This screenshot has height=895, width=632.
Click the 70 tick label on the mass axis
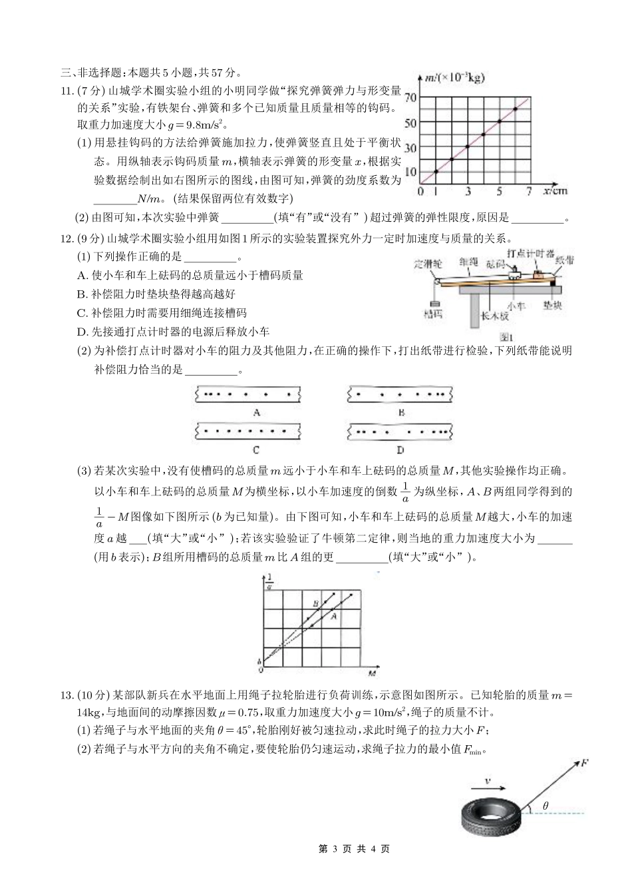pyautogui.click(x=410, y=97)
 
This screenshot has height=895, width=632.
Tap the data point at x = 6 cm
pyautogui.click(x=516, y=109)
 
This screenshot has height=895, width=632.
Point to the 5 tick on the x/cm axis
pyautogui.click(x=500, y=192)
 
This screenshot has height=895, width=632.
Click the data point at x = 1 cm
pyautogui.click(x=436, y=172)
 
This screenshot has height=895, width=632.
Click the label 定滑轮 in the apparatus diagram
pyautogui.click(x=427, y=263)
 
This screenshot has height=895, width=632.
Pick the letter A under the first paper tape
pyautogui.click(x=256, y=412)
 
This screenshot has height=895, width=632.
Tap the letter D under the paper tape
pyautogui.click(x=400, y=449)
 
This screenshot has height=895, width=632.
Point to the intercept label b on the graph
pyautogui.click(x=259, y=661)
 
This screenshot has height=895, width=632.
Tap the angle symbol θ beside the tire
pyautogui.click(x=546, y=806)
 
